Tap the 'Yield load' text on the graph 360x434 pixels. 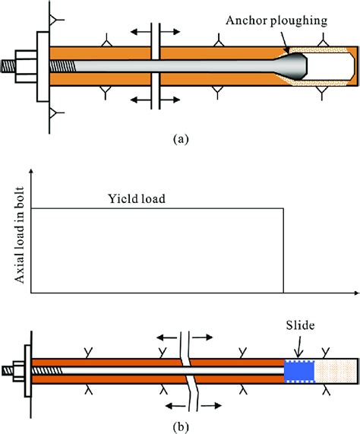click(135, 200)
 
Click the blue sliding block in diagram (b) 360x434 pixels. click(298, 371)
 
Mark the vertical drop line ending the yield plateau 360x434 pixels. click(284, 251)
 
